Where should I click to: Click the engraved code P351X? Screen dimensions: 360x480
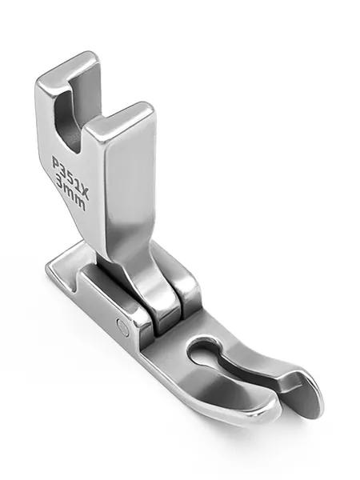pos(70,175)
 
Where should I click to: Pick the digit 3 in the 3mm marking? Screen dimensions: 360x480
pos(61,184)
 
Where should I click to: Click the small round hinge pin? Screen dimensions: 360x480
pos(123,326)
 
